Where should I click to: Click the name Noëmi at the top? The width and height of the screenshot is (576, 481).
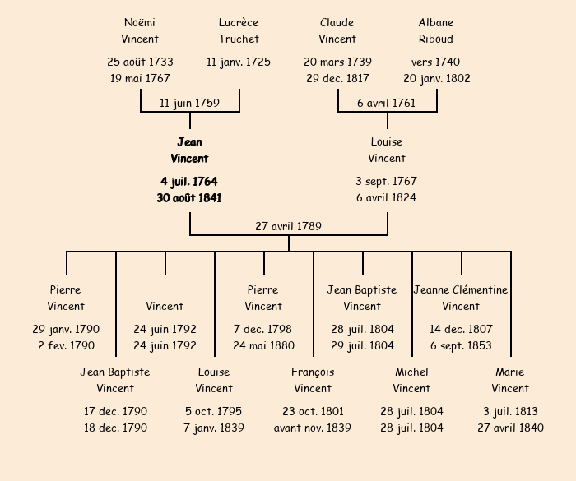tap(140, 23)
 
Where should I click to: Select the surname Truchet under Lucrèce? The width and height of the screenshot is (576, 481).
tap(239, 39)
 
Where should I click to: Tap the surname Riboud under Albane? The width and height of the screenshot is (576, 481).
tap(436, 39)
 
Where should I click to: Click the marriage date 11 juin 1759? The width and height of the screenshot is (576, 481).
tap(189, 103)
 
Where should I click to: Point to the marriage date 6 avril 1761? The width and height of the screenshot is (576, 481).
tap(387, 103)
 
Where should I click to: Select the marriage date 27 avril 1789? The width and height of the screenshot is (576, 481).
tap(288, 226)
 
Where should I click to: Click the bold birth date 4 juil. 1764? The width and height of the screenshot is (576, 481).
tap(189, 181)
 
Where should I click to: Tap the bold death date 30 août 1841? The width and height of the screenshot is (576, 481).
tap(189, 197)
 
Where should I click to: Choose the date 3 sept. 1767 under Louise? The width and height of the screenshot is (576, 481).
tap(387, 181)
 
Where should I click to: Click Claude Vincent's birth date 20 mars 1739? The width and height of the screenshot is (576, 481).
tap(337, 62)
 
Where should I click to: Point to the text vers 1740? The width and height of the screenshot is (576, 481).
tap(436, 62)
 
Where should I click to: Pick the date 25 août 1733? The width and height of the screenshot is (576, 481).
tap(140, 62)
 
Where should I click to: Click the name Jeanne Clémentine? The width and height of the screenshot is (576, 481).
tap(461, 289)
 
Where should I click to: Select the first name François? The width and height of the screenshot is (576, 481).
tap(313, 372)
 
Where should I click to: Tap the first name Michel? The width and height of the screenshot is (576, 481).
tap(411, 372)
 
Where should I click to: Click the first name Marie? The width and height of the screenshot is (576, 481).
tap(510, 372)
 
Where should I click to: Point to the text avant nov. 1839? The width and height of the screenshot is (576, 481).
tap(313, 428)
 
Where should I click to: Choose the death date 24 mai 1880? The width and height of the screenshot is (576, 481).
tap(263, 345)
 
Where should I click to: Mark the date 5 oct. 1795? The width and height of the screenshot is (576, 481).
tap(214, 411)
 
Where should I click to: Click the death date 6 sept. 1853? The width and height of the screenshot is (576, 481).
tap(461, 345)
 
